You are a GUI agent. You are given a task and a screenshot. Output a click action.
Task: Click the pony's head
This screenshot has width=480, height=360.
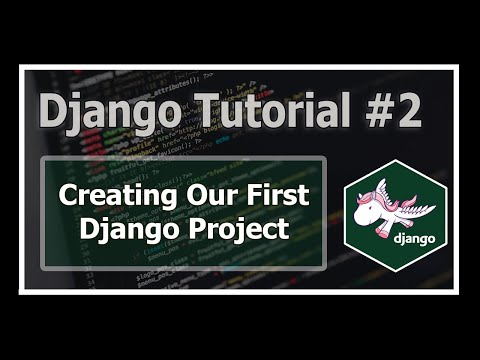coord(369,204)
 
